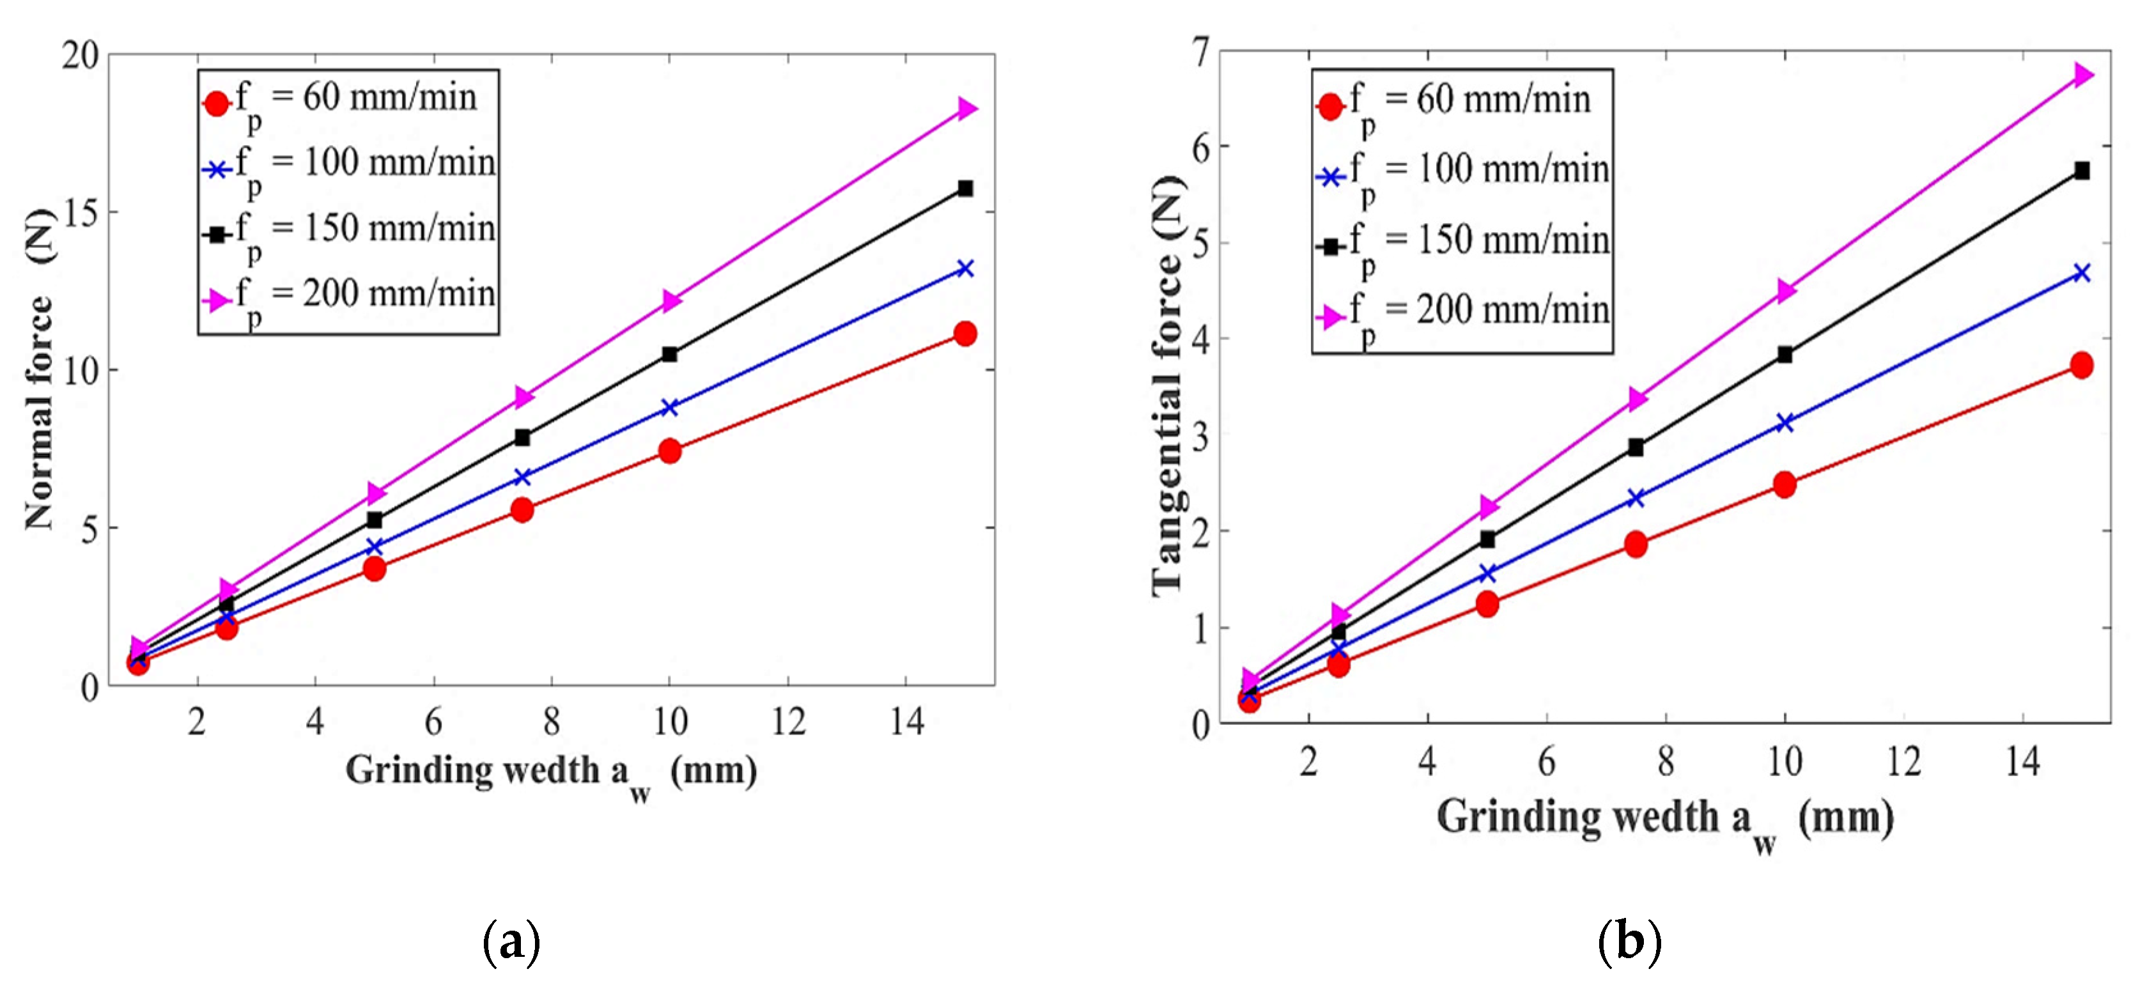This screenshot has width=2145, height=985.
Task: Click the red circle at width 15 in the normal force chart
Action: click(965, 334)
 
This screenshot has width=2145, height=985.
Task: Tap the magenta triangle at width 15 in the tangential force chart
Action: click(2082, 75)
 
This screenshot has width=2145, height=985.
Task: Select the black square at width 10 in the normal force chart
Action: click(669, 354)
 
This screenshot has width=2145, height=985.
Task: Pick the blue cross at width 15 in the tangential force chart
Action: click(2081, 273)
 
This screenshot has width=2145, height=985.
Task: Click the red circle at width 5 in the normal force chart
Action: click(375, 569)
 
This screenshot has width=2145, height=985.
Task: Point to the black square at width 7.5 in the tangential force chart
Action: click(1636, 447)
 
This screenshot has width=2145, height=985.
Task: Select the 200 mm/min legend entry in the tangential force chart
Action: click(1462, 316)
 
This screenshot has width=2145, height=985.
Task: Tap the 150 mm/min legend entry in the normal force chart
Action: click(349, 232)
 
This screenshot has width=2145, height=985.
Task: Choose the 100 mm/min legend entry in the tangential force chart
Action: click(1462, 175)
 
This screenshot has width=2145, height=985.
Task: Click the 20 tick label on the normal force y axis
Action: click(80, 55)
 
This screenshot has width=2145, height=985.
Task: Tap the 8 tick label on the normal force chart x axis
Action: click(551, 721)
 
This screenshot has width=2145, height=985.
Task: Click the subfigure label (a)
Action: click(511, 942)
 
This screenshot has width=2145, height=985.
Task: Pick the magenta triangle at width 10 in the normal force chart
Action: click(671, 300)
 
